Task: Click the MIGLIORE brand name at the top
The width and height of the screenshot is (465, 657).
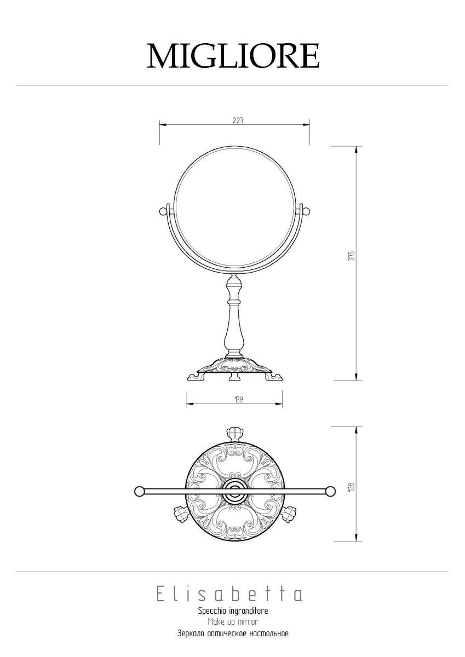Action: click(233, 56)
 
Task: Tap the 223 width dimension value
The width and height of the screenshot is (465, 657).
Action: click(238, 120)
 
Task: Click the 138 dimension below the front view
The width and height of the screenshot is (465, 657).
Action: click(239, 400)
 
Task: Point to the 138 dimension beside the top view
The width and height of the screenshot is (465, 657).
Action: click(352, 487)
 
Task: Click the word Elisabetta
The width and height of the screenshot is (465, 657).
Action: click(229, 595)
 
